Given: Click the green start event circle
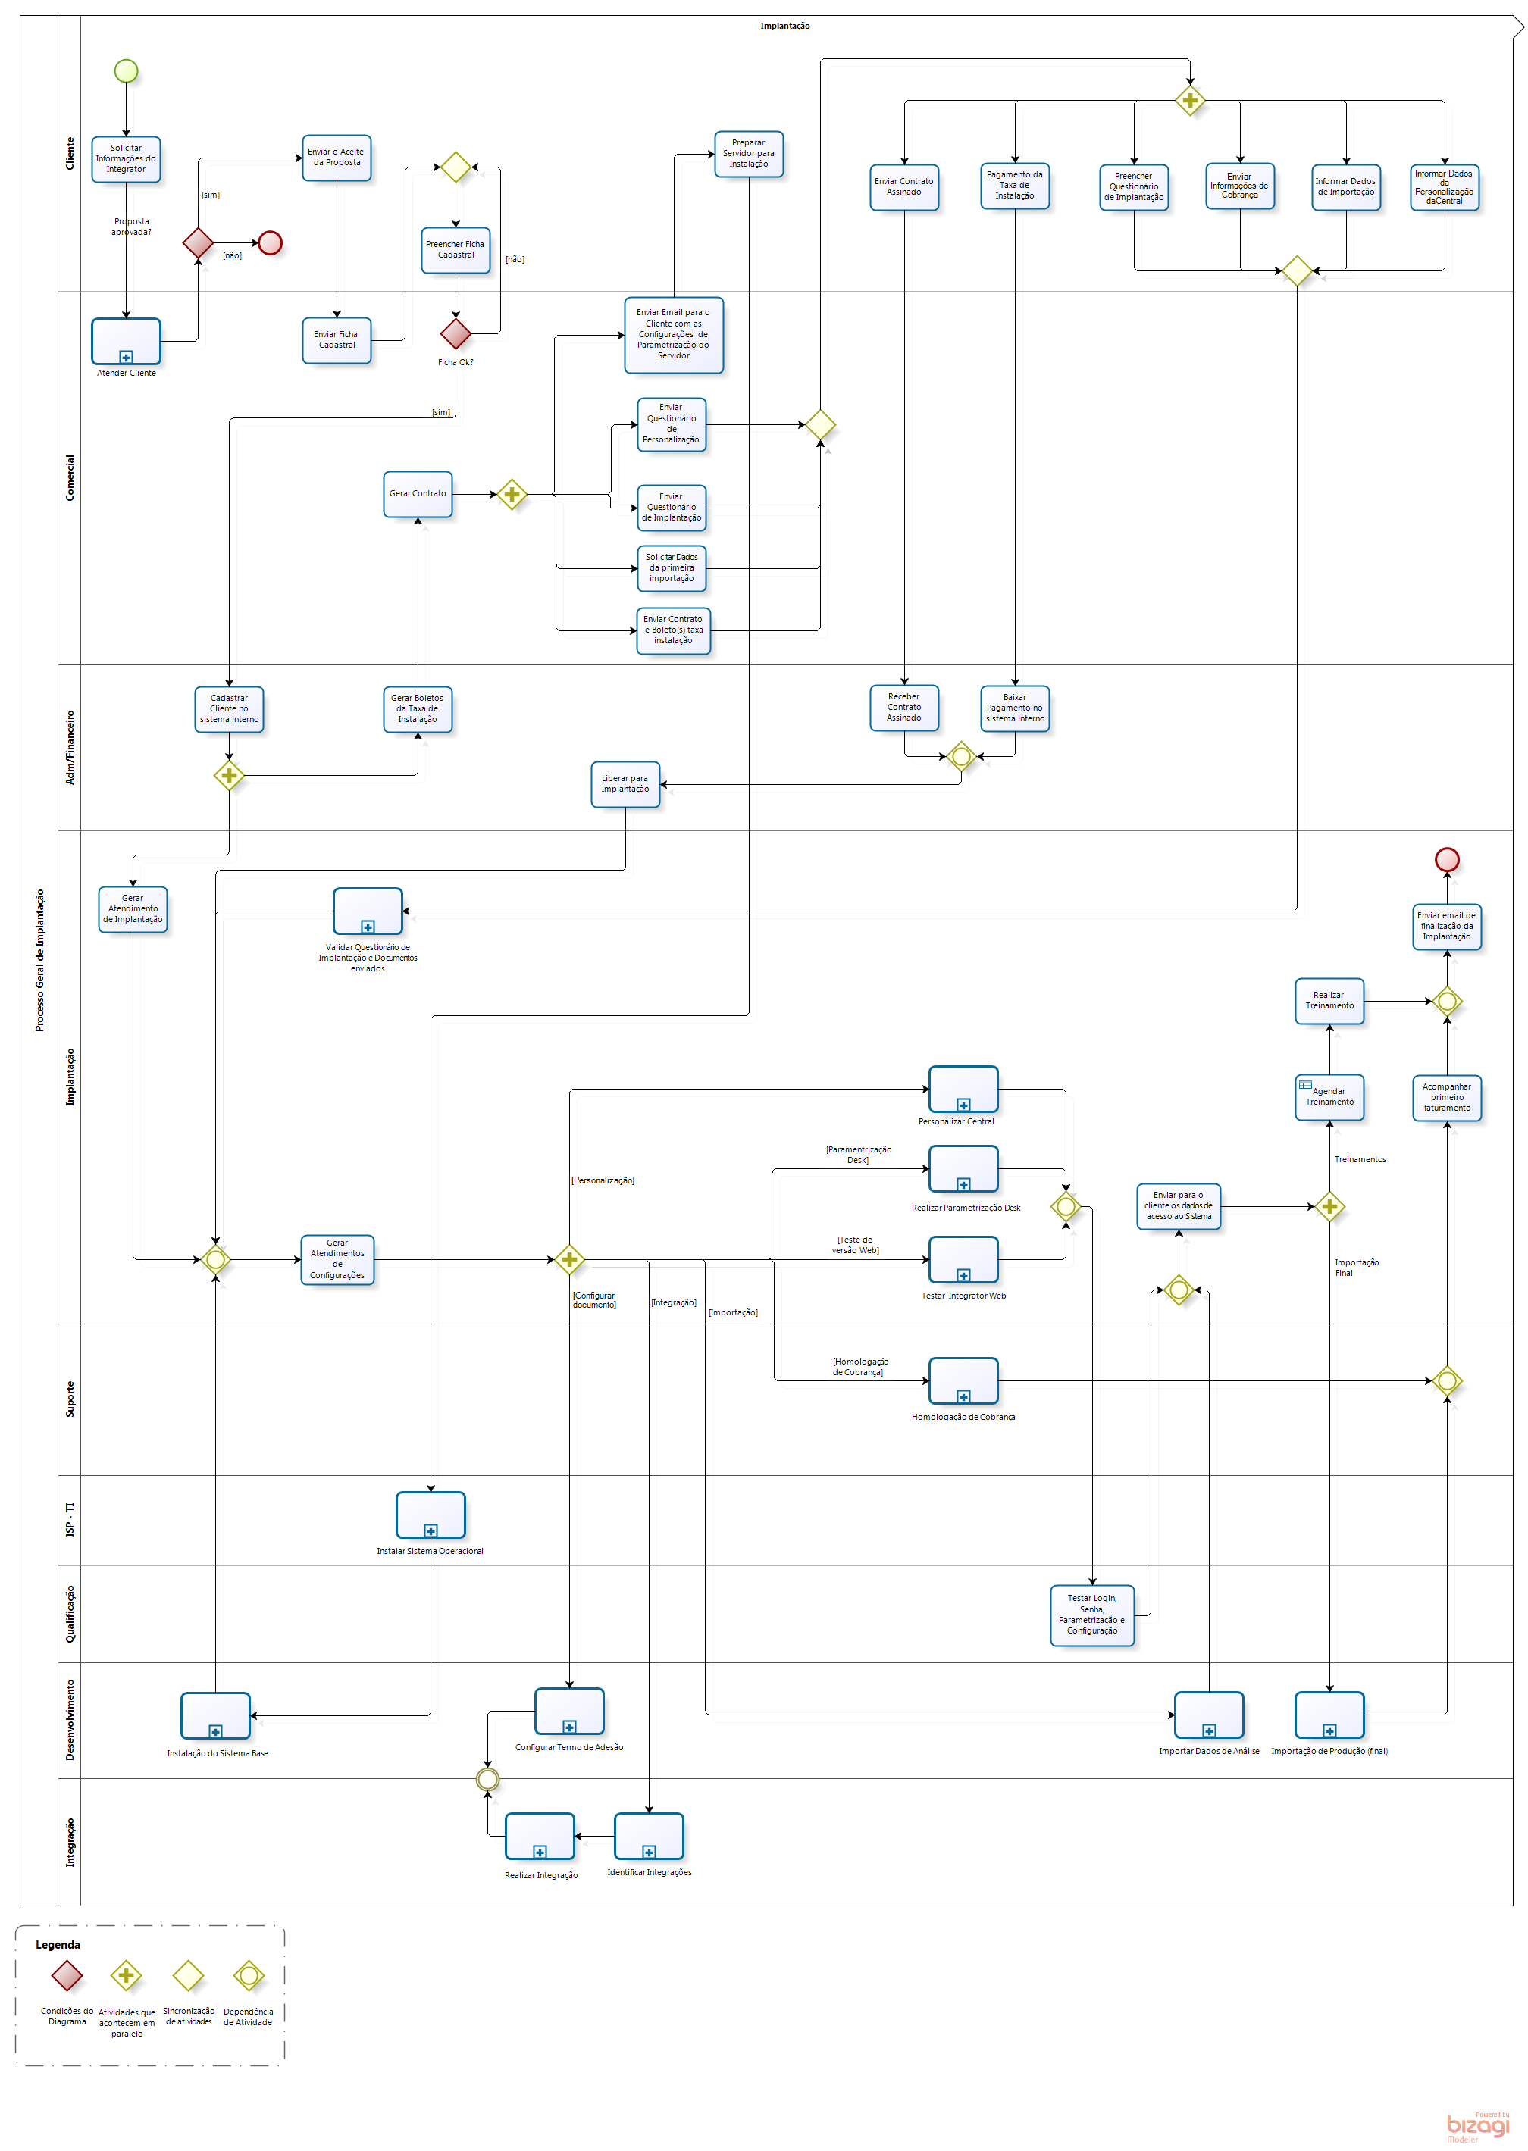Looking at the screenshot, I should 126,70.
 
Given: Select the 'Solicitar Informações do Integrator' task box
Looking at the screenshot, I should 126,159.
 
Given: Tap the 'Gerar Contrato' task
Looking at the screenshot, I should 418,494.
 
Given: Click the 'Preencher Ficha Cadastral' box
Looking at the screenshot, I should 456,250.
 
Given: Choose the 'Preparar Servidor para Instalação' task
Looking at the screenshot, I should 749,153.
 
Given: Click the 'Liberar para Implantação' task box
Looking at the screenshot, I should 626,783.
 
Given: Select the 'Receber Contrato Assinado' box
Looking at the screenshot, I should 904,708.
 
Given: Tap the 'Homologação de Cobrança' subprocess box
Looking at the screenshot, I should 963,1380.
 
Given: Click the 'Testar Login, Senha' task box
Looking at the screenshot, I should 1092,1615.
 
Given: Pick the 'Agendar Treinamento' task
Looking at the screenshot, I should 1329,1096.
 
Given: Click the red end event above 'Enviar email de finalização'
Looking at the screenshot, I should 1447,858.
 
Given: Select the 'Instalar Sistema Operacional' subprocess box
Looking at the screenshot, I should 431,1515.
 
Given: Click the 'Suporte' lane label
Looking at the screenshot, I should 70,1399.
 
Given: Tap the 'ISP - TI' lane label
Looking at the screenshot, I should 70,1520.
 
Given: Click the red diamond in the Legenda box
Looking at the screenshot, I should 67,1975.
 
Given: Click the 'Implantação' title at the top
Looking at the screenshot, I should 784,27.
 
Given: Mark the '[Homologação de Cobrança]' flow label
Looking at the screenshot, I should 859,1367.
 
